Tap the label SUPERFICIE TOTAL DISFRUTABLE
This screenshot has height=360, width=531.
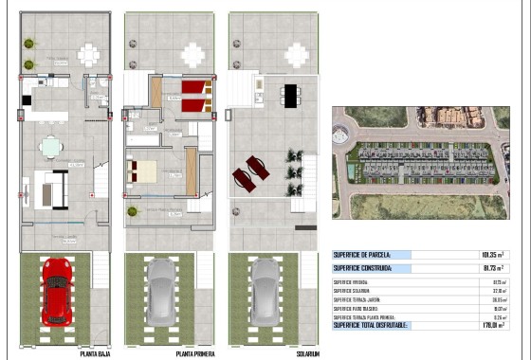click(x=371, y=325)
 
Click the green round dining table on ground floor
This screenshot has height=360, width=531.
click(x=50, y=146)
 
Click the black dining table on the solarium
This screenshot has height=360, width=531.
click(x=289, y=92)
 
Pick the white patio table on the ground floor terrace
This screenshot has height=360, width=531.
click(x=88, y=54)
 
